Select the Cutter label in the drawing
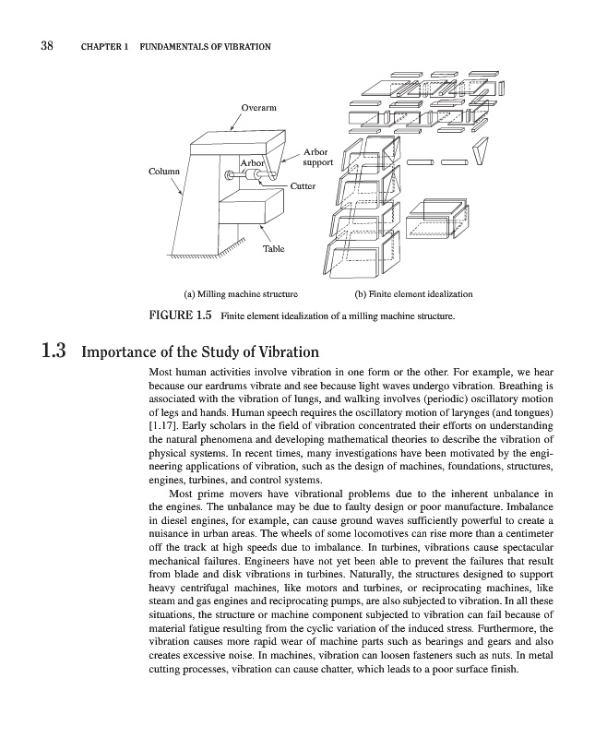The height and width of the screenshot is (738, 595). pyautogui.click(x=303, y=186)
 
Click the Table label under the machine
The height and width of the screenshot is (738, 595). pyautogui.click(x=274, y=248)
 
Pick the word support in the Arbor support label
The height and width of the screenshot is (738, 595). pyautogui.click(x=318, y=163)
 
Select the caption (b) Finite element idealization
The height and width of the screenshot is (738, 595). pyautogui.click(x=413, y=294)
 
